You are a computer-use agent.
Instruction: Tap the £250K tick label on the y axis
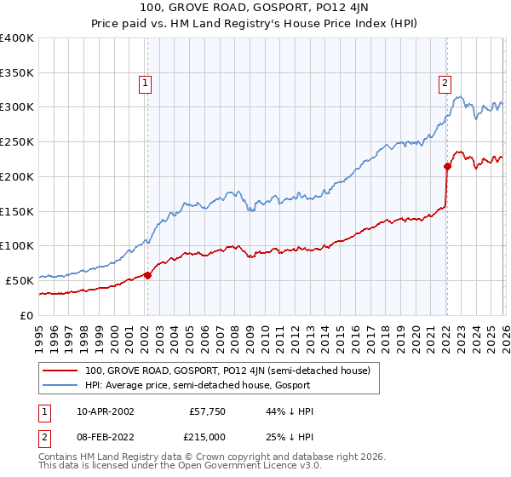pos(17,142)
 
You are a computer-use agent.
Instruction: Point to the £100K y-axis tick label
pos(17,246)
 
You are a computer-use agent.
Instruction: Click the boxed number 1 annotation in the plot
pos(146,83)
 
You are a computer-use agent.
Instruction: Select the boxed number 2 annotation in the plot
pos(445,83)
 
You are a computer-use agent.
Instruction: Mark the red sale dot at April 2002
pos(147,275)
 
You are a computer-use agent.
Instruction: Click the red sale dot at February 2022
pos(447,166)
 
